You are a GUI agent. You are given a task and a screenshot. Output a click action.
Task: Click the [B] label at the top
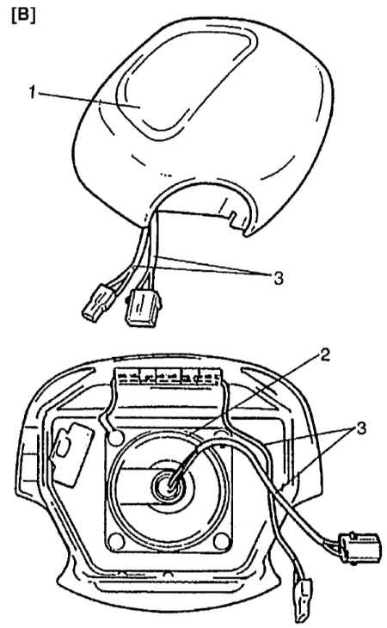point(23,16)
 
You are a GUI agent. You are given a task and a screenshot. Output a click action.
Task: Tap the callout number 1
point(33,93)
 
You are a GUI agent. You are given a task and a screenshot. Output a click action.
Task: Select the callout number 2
point(324,354)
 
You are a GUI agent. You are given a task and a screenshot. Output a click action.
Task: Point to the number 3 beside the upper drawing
point(278,277)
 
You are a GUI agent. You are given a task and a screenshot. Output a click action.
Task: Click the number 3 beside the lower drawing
point(361,428)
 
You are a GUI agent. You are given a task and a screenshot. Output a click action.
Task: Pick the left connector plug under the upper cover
point(98,304)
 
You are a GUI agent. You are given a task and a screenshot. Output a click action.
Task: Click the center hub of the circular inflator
point(168,483)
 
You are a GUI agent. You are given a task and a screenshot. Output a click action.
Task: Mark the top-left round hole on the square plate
point(116,438)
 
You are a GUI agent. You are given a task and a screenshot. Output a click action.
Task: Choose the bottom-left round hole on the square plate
point(115,541)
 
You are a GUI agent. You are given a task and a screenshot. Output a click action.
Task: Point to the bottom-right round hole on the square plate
point(221,541)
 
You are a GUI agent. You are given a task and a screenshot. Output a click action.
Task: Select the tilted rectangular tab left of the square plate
point(71,456)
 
